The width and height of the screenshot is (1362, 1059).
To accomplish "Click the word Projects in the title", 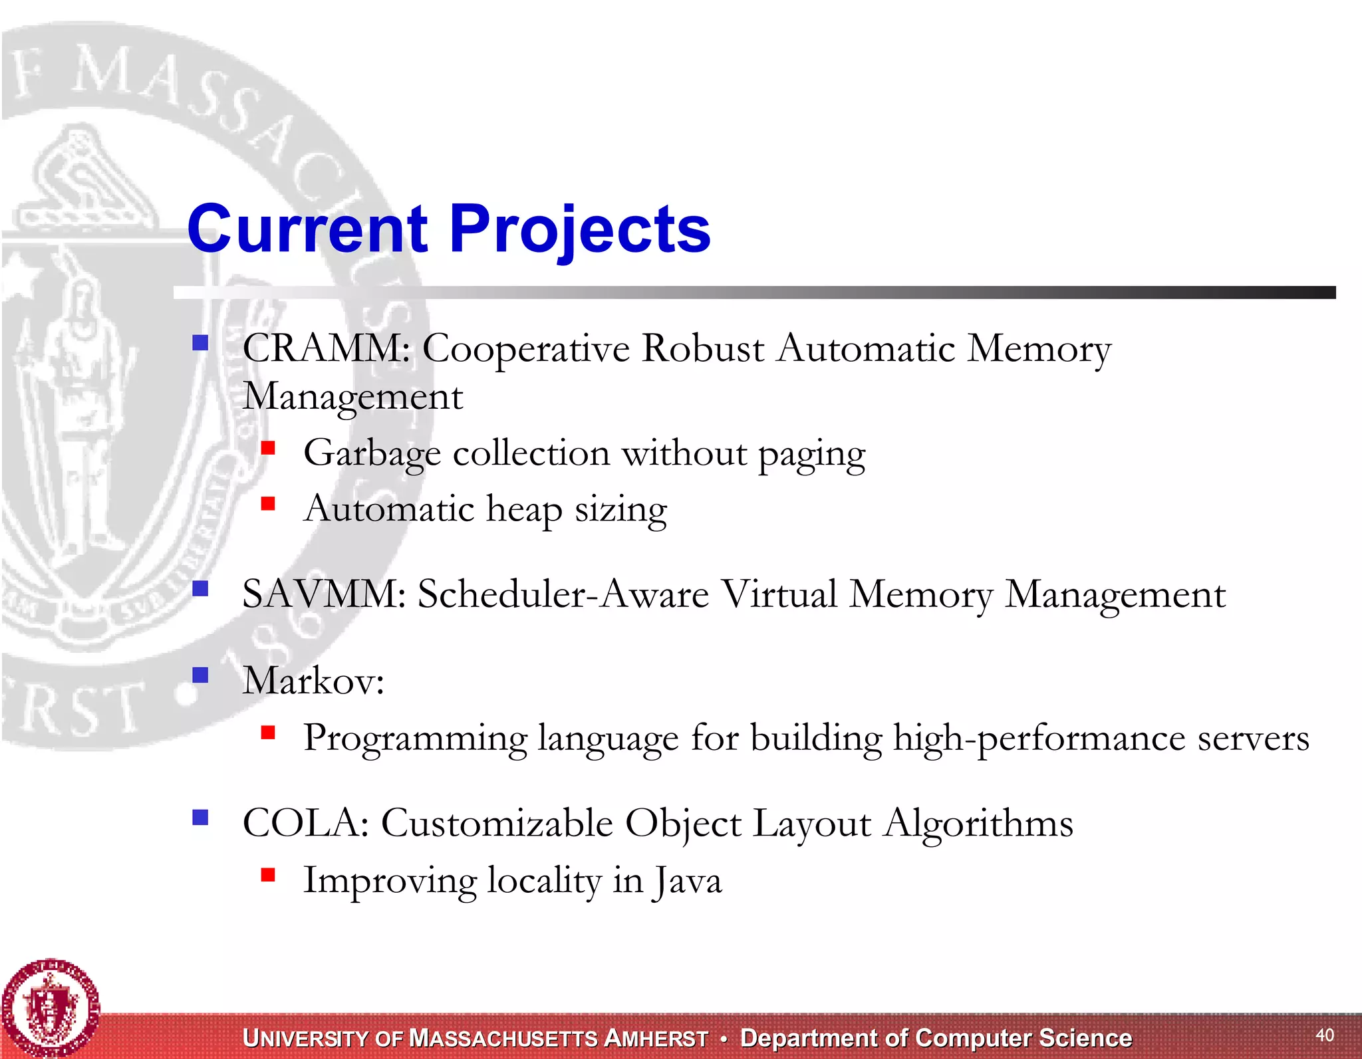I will click(x=580, y=229).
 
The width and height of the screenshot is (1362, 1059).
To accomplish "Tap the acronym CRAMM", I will click(x=325, y=348).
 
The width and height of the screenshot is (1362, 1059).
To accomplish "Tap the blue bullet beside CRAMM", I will click(x=200, y=342).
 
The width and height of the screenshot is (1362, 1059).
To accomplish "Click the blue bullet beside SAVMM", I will click(x=200, y=588).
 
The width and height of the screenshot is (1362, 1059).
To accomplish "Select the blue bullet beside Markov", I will click(x=200, y=675).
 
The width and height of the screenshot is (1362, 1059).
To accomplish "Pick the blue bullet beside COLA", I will click(x=200, y=817).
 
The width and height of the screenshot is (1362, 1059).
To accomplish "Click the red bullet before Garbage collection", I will click(x=268, y=448).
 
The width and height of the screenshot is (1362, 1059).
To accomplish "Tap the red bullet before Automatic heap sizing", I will click(x=268, y=504).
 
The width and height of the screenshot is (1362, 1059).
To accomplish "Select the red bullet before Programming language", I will click(x=268, y=733).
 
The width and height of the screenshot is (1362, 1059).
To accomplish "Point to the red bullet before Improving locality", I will click(x=268, y=874).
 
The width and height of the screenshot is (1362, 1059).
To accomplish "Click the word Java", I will click(x=688, y=881).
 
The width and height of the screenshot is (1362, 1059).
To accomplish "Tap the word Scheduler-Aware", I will click(x=563, y=594).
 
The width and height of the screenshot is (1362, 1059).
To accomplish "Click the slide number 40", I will click(x=1325, y=1034).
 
